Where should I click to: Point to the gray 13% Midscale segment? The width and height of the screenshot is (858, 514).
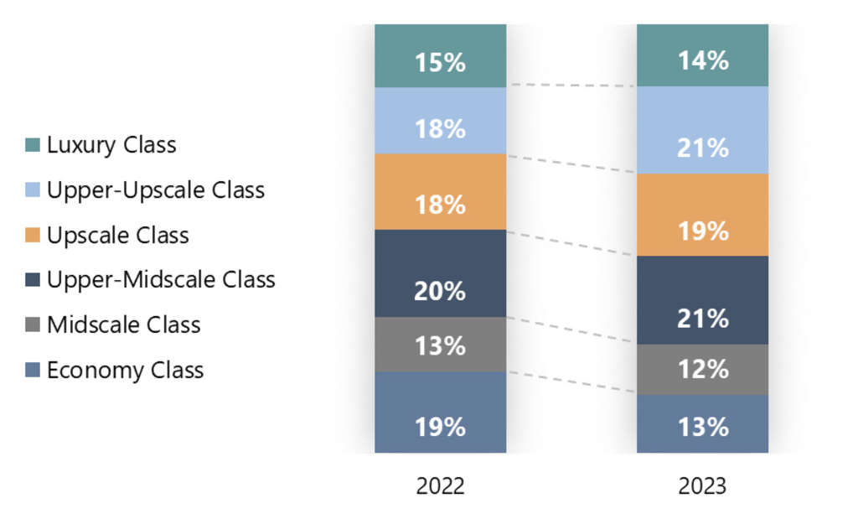point(440,345)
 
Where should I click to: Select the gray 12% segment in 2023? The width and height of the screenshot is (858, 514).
point(702,369)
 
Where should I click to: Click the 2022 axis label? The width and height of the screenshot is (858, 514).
point(440,486)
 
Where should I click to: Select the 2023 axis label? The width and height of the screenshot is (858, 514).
point(702,486)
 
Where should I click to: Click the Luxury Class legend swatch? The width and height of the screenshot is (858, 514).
point(33,145)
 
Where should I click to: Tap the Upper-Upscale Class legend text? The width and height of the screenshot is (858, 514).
point(156,190)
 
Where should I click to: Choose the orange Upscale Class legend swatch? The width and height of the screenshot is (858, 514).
point(33,236)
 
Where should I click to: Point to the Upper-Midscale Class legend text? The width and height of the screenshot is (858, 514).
point(161,280)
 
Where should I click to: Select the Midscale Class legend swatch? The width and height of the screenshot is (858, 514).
point(33,325)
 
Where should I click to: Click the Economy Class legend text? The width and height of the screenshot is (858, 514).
point(126,370)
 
